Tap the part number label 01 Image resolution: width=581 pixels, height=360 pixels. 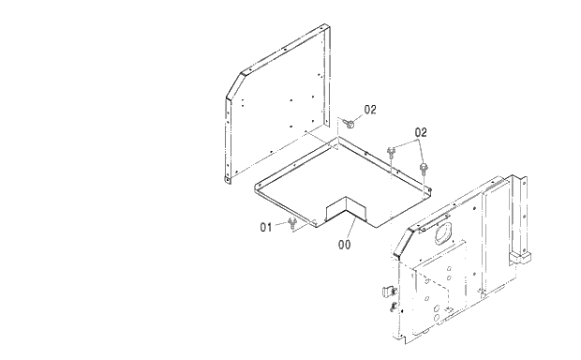(266, 225)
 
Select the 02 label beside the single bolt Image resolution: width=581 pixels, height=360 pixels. (370, 110)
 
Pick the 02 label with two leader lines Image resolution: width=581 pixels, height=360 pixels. (420, 132)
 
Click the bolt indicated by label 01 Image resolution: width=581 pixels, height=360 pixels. (293, 221)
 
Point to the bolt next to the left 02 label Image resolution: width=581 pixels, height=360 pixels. (350, 120)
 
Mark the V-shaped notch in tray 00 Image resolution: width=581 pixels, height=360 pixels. (343, 209)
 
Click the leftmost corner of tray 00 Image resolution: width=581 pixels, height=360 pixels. (256, 184)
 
